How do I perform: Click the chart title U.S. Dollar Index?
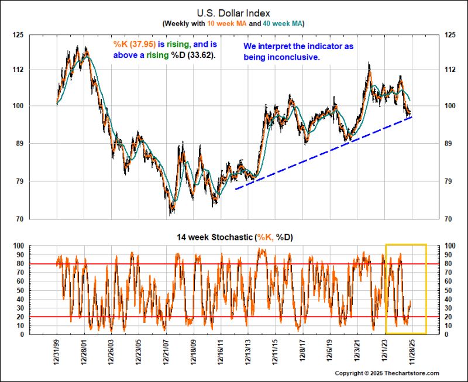coord(233,12)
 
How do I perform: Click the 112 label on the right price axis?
coord(450,70)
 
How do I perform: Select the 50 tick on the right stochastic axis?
coord(449,290)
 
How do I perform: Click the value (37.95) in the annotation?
coord(143,44)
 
